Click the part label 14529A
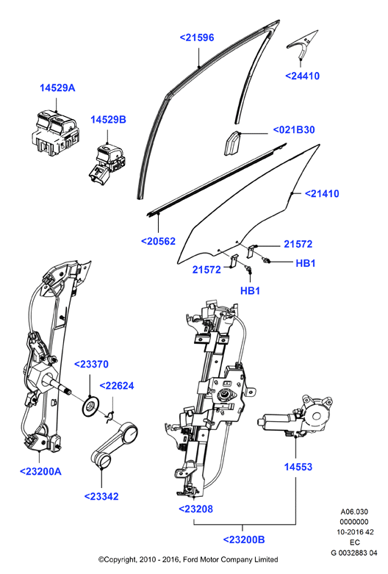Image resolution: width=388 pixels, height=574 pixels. click(x=57, y=88)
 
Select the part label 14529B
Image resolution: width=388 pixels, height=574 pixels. click(x=108, y=120)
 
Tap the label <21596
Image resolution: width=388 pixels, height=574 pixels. click(x=196, y=37)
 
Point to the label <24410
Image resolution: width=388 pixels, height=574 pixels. click(x=302, y=76)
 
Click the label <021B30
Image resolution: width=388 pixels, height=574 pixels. click(x=294, y=130)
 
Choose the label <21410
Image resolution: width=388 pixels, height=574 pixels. click(x=322, y=193)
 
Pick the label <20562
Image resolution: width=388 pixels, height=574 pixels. click(x=159, y=241)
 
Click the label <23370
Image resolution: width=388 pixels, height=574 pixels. click(x=92, y=365)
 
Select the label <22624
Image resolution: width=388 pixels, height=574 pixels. click(x=117, y=386)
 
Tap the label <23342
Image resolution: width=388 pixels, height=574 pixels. click(x=101, y=496)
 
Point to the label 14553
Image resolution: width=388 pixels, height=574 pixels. click(x=298, y=467)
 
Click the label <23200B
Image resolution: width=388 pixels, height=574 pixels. click(x=244, y=539)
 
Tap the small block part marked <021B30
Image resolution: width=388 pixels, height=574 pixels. click(x=231, y=143)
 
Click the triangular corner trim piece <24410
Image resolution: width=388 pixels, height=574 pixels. click(x=302, y=44)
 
